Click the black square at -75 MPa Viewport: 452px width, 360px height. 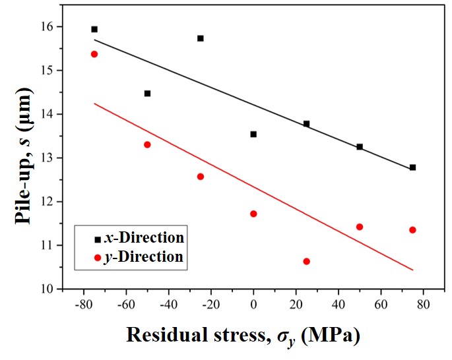tap(94, 29)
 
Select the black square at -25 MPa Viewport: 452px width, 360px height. tap(201, 38)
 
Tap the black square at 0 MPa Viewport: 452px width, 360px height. tap(253, 134)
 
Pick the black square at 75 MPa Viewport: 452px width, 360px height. tap(413, 167)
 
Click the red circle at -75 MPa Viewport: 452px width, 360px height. tap(94, 54)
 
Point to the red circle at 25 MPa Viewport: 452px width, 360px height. tap(306, 261)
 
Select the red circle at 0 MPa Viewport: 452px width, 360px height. tap(253, 214)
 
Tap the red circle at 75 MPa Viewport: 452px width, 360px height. tap(413, 229)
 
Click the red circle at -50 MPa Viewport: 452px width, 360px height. tap(147, 144)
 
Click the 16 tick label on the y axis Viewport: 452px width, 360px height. tap(44, 26)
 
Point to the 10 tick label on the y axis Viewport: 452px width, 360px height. tap(44, 289)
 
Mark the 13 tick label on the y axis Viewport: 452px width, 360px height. tap(44, 158)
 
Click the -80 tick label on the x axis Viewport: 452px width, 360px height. tap(82, 305)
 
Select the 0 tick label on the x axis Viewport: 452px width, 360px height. tap(253, 305)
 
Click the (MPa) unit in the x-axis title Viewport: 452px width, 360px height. tap(331, 336)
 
